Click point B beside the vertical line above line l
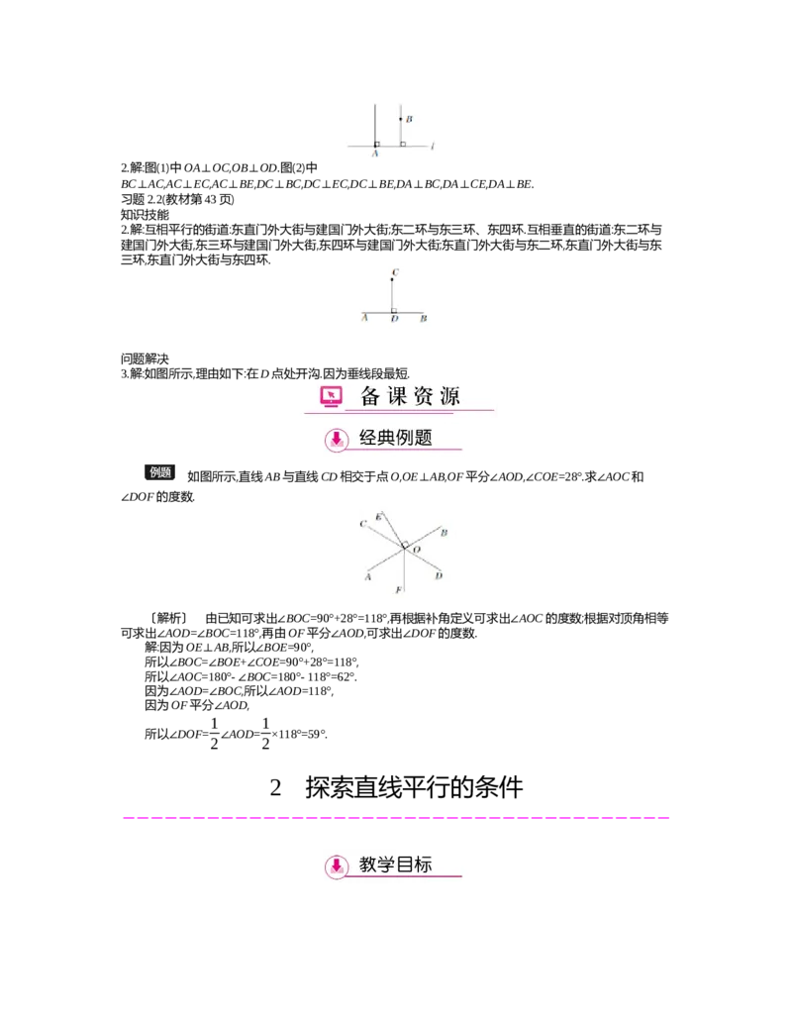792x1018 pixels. (401, 119)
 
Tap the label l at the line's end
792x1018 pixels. (434, 148)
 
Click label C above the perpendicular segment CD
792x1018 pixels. (395, 270)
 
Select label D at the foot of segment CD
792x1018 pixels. (394, 319)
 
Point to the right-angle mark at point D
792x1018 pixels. (395, 310)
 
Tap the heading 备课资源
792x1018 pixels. (410, 397)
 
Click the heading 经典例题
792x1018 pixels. (396, 438)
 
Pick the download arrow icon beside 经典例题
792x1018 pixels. (338, 439)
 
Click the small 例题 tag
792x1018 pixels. (161, 472)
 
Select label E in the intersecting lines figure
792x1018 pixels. (379, 517)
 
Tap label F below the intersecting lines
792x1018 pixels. (399, 590)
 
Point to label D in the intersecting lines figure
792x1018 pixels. (439, 575)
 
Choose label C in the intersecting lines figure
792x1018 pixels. (363, 523)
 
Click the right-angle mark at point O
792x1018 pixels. (404, 543)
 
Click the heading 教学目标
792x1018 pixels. (396, 865)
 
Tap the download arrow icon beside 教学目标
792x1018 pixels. (338, 866)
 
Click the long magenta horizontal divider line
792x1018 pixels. (396, 819)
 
